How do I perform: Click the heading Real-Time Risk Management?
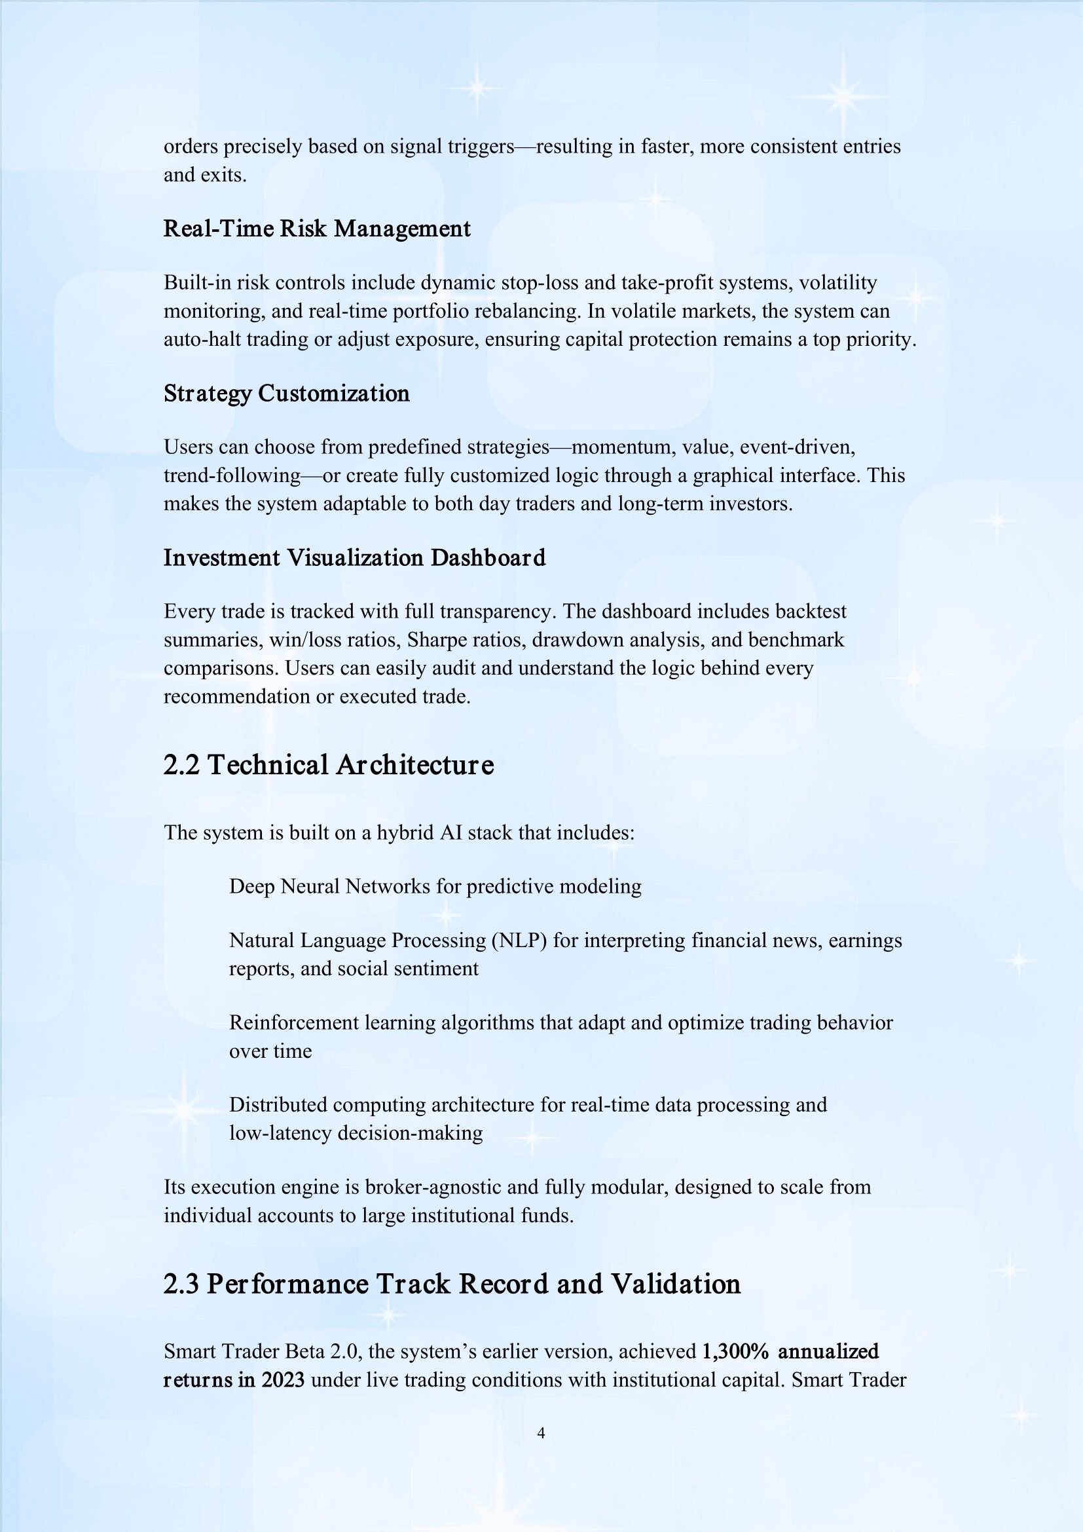click(x=317, y=229)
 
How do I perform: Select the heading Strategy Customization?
click(x=287, y=394)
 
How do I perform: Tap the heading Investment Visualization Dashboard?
click(x=354, y=558)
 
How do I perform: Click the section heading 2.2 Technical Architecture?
click(x=328, y=764)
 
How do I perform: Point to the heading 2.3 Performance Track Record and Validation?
click(x=452, y=1284)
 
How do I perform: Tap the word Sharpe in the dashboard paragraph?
click(x=437, y=640)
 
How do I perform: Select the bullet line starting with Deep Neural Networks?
click(x=435, y=886)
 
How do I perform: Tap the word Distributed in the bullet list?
click(x=278, y=1104)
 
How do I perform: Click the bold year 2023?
click(x=283, y=1380)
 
